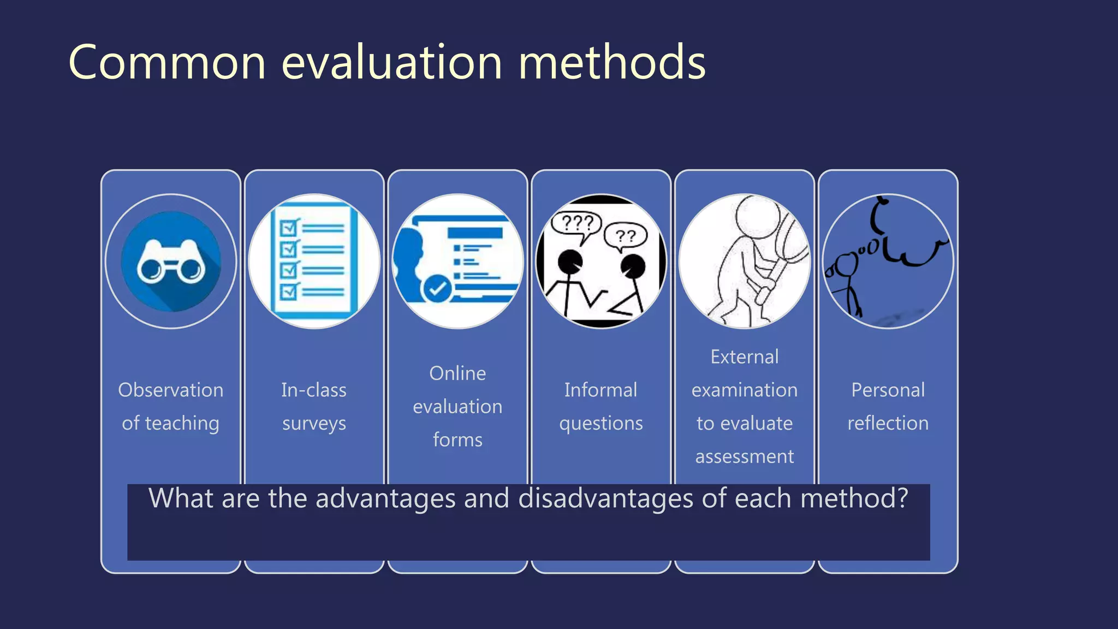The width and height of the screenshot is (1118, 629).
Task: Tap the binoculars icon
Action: pos(171,262)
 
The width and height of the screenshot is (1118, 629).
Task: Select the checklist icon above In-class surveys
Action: pos(314,261)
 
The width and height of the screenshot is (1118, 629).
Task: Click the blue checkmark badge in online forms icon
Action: pos(437,288)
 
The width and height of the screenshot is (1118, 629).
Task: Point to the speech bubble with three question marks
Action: pos(576,224)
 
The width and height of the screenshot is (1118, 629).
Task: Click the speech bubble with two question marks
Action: pos(626,236)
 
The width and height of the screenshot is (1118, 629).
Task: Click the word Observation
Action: pos(170,390)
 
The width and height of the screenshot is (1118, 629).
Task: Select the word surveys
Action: pos(314,424)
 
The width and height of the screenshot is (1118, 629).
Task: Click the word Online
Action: pos(457,373)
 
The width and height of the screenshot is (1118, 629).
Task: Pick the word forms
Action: pos(457,440)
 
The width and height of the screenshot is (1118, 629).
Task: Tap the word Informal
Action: pos(600,390)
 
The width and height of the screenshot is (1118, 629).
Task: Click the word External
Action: pos(744,357)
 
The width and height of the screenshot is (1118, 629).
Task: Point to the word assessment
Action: pos(744,456)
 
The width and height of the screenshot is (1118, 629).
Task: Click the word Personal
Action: pos(888,390)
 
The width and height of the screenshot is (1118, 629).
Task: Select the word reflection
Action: pos(888,423)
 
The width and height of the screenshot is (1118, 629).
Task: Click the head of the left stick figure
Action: pos(570,262)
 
